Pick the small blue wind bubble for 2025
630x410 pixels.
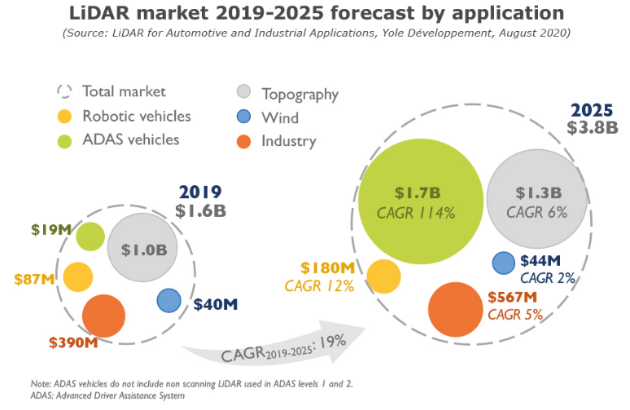(504, 262)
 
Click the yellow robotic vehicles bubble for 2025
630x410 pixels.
(383, 276)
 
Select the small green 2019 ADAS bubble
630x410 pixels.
(90, 236)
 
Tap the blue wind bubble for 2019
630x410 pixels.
(168, 300)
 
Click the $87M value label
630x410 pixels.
(35, 280)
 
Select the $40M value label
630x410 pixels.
(216, 305)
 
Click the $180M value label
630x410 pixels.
(327, 267)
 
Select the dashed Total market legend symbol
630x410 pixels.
(65, 91)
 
